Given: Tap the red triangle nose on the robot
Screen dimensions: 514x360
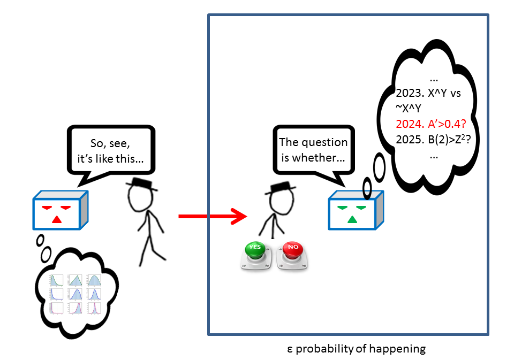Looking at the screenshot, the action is (57, 219).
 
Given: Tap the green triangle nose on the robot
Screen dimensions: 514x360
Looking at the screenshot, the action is (352, 219).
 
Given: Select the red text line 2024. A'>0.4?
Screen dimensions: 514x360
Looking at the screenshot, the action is (430, 124).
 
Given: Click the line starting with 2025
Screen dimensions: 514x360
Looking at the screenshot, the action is (433, 140).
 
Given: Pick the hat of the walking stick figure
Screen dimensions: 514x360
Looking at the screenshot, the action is (141, 185).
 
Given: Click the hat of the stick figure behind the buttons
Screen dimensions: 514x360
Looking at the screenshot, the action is (281, 188).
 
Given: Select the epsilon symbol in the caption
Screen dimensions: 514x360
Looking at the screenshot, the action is (290, 349).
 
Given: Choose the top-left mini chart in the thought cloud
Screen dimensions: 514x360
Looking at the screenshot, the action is (56, 280).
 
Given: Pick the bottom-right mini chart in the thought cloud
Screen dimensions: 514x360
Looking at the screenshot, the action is (94, 308).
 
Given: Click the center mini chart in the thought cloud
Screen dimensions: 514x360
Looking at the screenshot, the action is (75, 294).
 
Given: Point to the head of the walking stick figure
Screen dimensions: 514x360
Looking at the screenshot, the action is (140, 198).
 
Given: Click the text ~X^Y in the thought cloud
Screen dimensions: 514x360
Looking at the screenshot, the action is (408, 109).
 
